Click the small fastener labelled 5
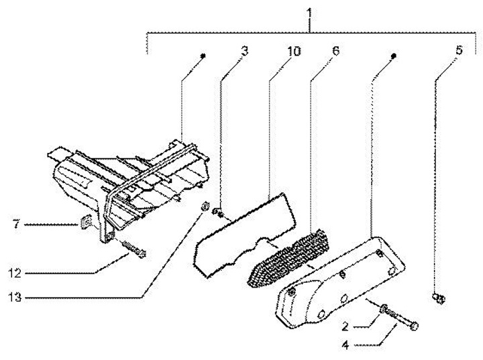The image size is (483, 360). click(439, 298)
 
